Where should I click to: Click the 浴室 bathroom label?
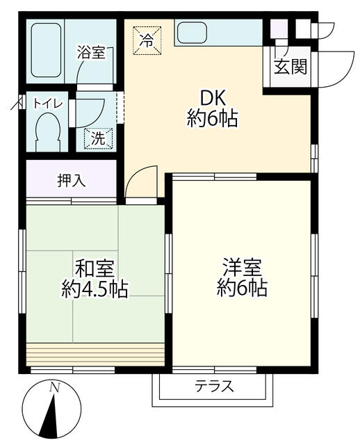point(91,51)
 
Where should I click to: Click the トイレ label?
point(49,104)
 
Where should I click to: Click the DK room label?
point(213,97)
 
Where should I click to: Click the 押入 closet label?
point(71,181)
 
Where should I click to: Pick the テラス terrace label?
point(213,387)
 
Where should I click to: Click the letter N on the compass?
point(54,388)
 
